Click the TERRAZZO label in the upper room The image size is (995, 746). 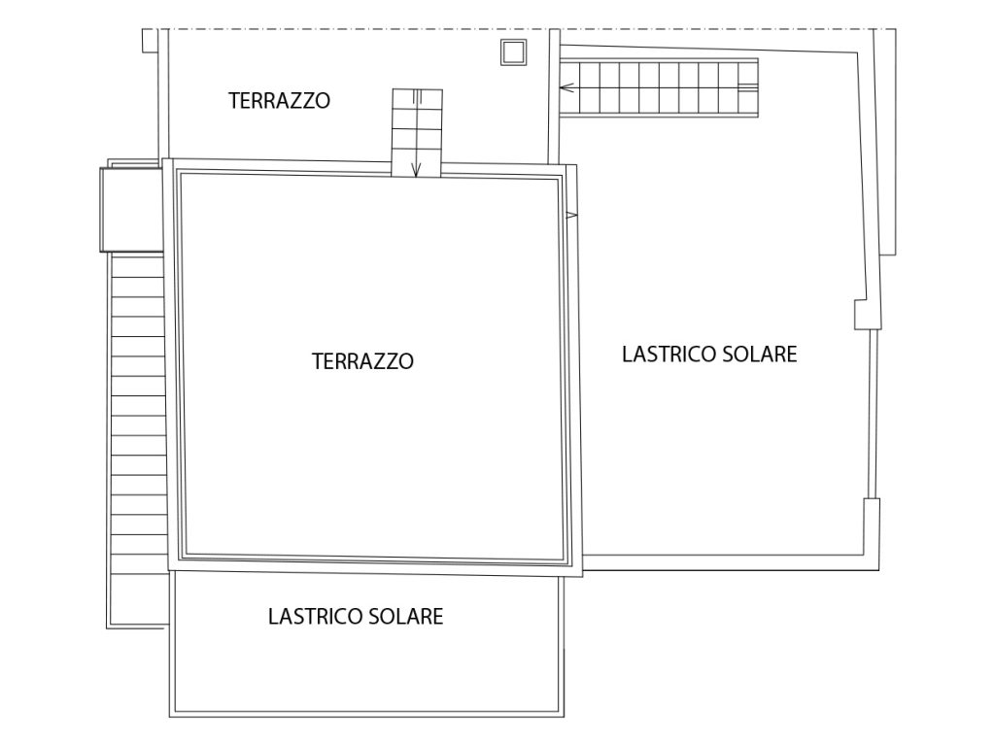(x=279, y=101)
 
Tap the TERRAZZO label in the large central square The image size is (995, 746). (x=363, y=361)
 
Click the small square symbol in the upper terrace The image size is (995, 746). (x=513, y=52)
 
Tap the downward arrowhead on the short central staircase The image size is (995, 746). (x=416, y=170)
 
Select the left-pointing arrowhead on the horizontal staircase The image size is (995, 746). (x=566, y=87)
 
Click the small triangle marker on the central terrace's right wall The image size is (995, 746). (x=571, y=216)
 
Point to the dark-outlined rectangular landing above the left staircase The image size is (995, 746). (x=132, y=210)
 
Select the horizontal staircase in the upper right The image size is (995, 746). (x=659, y=87)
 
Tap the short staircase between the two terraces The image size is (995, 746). (x=417, y=133)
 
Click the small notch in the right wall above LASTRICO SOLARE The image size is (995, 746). (x=868, y=314)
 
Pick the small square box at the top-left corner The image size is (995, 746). (x=149, y=41)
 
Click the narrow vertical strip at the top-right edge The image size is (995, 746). (x=886, y=142)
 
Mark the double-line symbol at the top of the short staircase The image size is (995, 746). (x=417, y=96)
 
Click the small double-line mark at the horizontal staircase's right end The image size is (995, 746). (x=748, y=87)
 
